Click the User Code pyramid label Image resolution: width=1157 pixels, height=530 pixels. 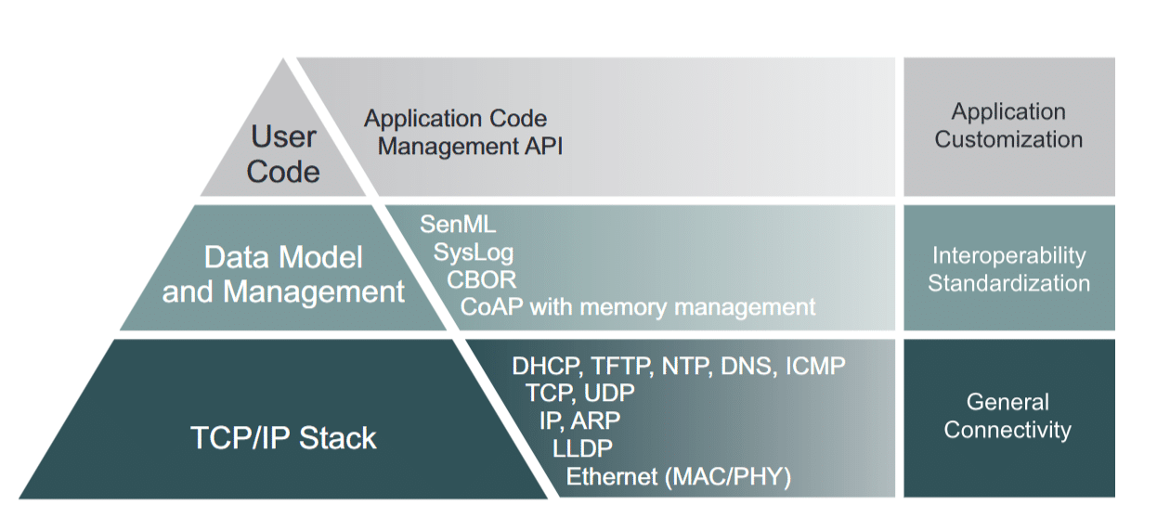click(x=283, y=154)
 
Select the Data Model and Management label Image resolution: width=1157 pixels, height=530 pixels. click(x=283, y=274)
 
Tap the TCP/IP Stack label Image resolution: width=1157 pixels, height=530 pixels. click(x=283, y=437)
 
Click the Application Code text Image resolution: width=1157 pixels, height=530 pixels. click(x=455, y=119)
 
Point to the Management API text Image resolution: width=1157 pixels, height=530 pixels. click(x=470, y=146)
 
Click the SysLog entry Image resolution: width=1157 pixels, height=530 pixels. click(x=473, y=252)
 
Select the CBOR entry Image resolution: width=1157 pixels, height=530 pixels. click(x=481, y=278)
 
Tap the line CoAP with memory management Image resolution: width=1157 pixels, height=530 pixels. click(x=638, y=306)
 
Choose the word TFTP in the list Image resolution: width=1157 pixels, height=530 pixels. click(x=620, y=366)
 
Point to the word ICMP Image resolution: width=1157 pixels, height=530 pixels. click(x=814, y=366)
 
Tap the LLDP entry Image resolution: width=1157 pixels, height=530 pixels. click(x=582, y=448)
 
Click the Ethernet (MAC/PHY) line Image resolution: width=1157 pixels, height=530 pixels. click(x=678, y=477)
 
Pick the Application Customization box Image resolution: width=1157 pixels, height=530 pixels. click(x=1008, y=126)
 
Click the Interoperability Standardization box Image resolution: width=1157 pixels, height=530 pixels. click(x=1008, y=269)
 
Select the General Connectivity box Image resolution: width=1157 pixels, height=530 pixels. click(x=1008, y=417)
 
